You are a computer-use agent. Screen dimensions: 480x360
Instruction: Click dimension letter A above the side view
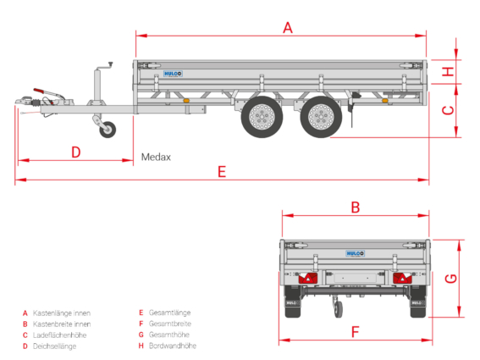[x=288, y=28]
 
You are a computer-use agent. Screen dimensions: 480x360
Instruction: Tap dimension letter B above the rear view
[x=355, y=208]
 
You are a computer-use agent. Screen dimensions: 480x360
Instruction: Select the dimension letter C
[x=449, y=110]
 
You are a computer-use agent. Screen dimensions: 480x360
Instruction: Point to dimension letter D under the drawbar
[x=76, y=152]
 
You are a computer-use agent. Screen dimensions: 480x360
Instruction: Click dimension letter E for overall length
[x=222, y=172]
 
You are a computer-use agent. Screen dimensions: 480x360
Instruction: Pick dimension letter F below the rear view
[x=355, y=332]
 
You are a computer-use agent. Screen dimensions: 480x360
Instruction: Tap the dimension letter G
[x=451, y=279]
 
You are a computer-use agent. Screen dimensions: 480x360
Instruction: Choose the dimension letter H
[x=448, y=72]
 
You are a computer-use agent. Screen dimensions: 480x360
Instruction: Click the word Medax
[x=156, y=157]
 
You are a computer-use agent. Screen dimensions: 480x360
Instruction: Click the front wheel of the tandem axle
[x=262, y=117]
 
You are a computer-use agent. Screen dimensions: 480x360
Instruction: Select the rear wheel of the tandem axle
[x=321, y=117]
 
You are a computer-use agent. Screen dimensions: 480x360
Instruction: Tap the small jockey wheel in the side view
[x=108, y=130]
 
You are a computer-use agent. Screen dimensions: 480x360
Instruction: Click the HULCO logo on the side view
[x=173, y=74]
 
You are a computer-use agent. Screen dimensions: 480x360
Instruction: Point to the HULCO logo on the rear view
[x=355, y=253]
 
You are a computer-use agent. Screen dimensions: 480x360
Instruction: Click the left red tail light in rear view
[x=308, y=278]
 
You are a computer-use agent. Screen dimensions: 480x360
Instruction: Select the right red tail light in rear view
[x=402, y=278]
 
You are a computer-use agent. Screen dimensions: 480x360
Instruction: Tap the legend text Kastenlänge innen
[x=62, y=313]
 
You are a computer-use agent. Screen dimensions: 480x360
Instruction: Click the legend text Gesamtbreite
[x=170, y=324]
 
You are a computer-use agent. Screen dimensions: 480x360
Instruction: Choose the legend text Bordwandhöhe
[x=173, y=346]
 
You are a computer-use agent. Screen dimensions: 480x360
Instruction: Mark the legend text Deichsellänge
[x=55, y=346]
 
